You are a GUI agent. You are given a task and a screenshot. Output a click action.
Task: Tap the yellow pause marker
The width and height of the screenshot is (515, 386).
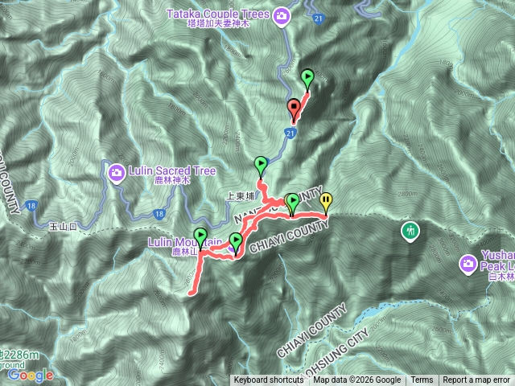tap(326, 200)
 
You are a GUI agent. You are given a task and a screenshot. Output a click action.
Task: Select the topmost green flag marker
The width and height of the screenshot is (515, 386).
tap(307, 77)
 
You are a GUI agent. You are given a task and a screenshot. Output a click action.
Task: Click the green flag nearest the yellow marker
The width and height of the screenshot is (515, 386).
tap(293, 200)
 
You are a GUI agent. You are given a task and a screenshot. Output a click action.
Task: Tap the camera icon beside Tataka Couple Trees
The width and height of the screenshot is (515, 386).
tap(282, 14)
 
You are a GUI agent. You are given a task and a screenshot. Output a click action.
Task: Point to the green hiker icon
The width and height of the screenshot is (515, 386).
tap(410, 232)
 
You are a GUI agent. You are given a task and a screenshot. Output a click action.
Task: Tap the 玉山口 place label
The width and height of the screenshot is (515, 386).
tap(62, 228)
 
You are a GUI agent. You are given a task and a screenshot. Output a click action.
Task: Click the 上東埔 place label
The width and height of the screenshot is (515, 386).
tap(241, 195)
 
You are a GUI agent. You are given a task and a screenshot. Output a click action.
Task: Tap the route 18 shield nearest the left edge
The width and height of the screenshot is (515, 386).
tap(31, 205)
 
